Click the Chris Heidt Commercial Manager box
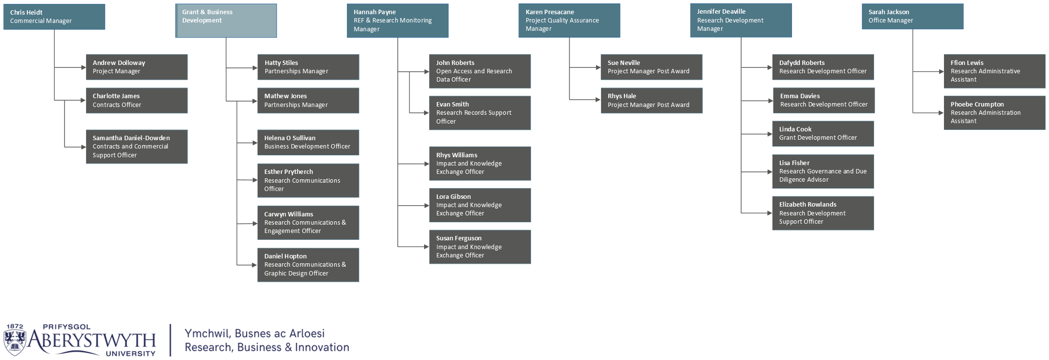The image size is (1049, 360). click(x=54, y=17)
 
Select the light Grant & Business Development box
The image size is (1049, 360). click(x=226, y=21)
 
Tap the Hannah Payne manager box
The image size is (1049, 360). click(x=398, y=21)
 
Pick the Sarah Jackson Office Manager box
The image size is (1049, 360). click(x=913, y=17)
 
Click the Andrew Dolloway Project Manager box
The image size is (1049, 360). click(x=137, y=67)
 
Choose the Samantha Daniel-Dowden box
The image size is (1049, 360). click(x=137, y=147)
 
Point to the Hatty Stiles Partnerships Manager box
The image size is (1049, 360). click(x=308, y=67)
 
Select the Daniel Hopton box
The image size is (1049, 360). click(x=308, y=265)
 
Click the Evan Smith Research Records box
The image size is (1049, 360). click(x=480, y=113)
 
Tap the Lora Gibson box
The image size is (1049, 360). click(x=480, y=205)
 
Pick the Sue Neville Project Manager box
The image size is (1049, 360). click(x=652, y=67)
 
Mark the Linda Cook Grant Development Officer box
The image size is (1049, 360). click(x=823, y=134)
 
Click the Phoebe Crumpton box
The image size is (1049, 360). click(x=995, y=113)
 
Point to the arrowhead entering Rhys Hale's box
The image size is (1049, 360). click(x=598, y=100)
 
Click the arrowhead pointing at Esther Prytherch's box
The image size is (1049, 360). click(x=255, y=180)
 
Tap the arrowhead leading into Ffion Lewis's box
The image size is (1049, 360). click(x=941, y=72)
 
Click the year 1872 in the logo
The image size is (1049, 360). click(x=15, y=326)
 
